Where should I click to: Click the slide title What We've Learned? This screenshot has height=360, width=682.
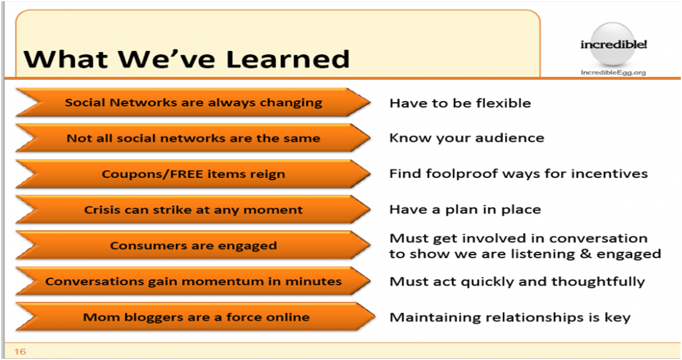click(x=187, y=59)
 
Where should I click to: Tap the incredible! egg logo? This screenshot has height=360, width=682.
click(x=613, y=45)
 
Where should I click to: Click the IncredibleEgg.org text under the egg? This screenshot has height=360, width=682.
click(x=613, y=72)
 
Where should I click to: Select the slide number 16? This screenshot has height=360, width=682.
click(x=20, y=351)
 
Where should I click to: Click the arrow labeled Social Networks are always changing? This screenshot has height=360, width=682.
click(x=193, y=103)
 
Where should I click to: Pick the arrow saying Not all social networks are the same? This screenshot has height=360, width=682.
click(x=193, y=138)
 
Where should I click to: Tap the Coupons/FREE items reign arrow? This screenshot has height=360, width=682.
click(x=193, y=174)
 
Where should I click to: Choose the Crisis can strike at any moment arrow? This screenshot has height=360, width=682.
click(x=193, y=209)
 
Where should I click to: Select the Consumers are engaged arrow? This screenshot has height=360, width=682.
click(x=193, y=245)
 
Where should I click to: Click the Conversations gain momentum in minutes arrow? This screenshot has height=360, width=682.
click(x=193, y=281)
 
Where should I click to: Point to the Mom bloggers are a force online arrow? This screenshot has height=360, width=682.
click(x=195, y=317)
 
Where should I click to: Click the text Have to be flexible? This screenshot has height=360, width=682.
click(x=460, y=103)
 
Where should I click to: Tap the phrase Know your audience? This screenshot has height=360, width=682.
click(x=467, y=138)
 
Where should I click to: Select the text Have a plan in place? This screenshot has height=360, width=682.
click(x=465, y=209)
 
